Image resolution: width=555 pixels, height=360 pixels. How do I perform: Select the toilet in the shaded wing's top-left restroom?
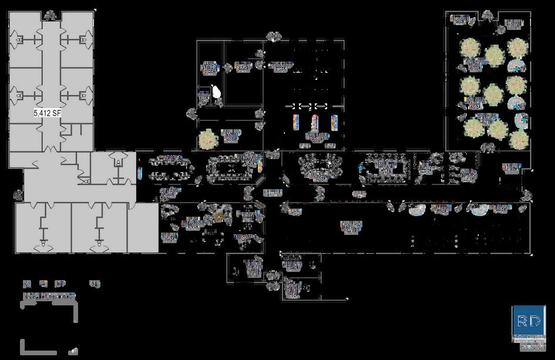point(20,40)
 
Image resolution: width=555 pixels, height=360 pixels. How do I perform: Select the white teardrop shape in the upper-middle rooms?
point(217,92)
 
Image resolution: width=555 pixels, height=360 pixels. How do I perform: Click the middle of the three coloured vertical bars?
point(316,123)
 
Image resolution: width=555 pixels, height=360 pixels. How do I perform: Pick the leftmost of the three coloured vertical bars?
point(297,123)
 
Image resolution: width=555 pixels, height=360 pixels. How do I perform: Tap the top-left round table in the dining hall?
point(470,47)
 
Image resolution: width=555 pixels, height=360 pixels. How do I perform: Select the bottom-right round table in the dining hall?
point(519,140)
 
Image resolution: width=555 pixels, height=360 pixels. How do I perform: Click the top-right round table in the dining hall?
point(516,47)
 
